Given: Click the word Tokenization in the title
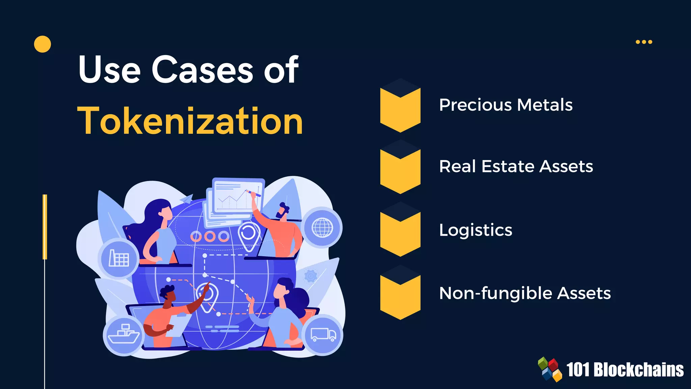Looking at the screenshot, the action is click(x=190, y=121).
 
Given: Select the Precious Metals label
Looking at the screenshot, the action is click(x=506, y=105).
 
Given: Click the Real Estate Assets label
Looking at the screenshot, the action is click(x=516, y=166).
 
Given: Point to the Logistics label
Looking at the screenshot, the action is click(x=475, y=230).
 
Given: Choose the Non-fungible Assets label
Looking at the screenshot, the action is click(x=525, y=293).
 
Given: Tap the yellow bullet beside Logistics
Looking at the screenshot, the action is click(x=400, y=234).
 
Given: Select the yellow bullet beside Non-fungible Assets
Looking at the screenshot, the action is click(x=400, y=296).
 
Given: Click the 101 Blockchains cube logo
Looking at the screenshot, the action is click(x=550, y=369).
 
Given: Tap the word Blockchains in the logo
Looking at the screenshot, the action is click(x=638, y=370).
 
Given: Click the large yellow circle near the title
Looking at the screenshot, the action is click(x=43, y=44).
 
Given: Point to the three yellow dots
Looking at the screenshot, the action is click(x=644, y=42).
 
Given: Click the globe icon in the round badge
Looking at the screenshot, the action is click(x=322, y=228).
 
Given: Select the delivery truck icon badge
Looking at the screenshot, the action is click(x=323, y=335).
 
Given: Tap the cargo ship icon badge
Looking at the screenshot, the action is click(x=123, y=335).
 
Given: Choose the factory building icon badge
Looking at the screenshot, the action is click(x=118, y=259).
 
